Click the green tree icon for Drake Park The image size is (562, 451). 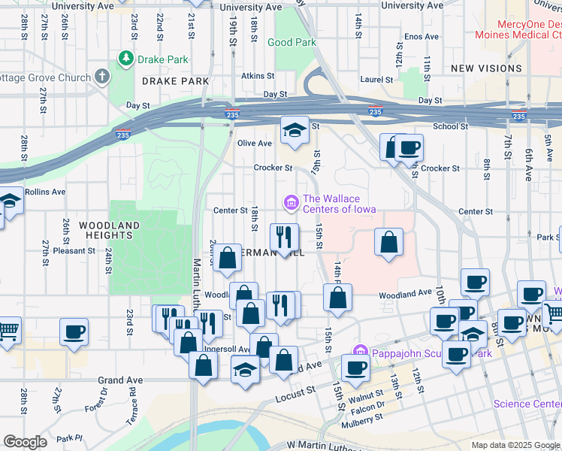[126, 58]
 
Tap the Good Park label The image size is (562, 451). [292, 43]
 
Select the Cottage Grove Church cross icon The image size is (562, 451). [102, 77]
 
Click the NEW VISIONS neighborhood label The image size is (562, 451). [486, 68]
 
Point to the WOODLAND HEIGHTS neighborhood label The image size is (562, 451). [110, 230]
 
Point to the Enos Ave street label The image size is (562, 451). [421, 36]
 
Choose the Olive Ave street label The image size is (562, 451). [254, 144]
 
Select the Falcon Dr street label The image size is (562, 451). [369, 404]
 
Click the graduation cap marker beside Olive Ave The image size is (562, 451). [295, 130]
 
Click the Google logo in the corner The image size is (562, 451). [25, 442]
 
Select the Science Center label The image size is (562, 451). [527, 404]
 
